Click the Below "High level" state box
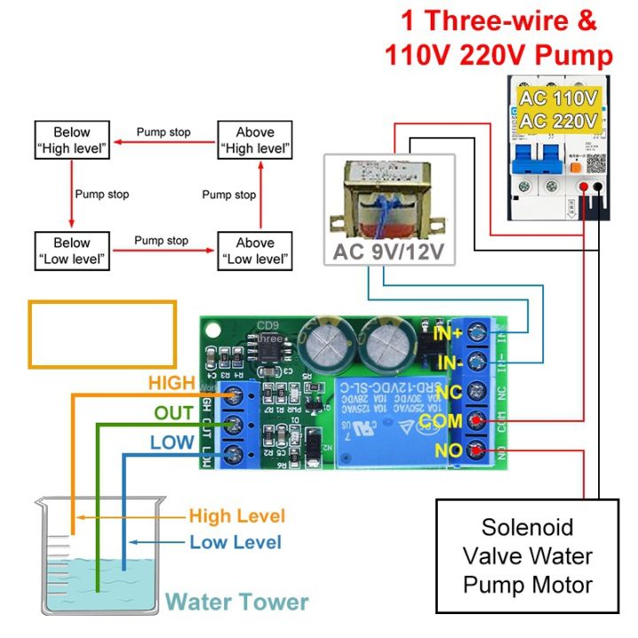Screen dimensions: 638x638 (x=72, y=140)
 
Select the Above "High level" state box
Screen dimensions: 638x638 (x=255, y=140)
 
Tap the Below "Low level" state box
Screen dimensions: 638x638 (x=72, y=251)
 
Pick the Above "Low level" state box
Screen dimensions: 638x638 (x=255, y=251)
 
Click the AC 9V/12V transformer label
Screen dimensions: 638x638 (x=389, y=252)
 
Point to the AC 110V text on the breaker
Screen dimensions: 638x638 (x=560, y=97)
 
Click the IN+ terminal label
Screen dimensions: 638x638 (x=447, y=334)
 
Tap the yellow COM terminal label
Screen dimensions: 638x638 (x=440, y=420)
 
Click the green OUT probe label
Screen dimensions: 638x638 (x=174, y=413)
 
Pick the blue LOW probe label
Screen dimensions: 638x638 (x=172, y=443)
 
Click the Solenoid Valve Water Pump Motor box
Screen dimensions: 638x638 (x=527, y=556)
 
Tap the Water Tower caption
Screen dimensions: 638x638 (x=237, y=603)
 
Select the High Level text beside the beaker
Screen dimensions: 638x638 (x=237, y=516)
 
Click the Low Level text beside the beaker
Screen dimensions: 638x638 (x=236, y=542)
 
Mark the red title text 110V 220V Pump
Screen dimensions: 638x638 (x=499, y=56)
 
